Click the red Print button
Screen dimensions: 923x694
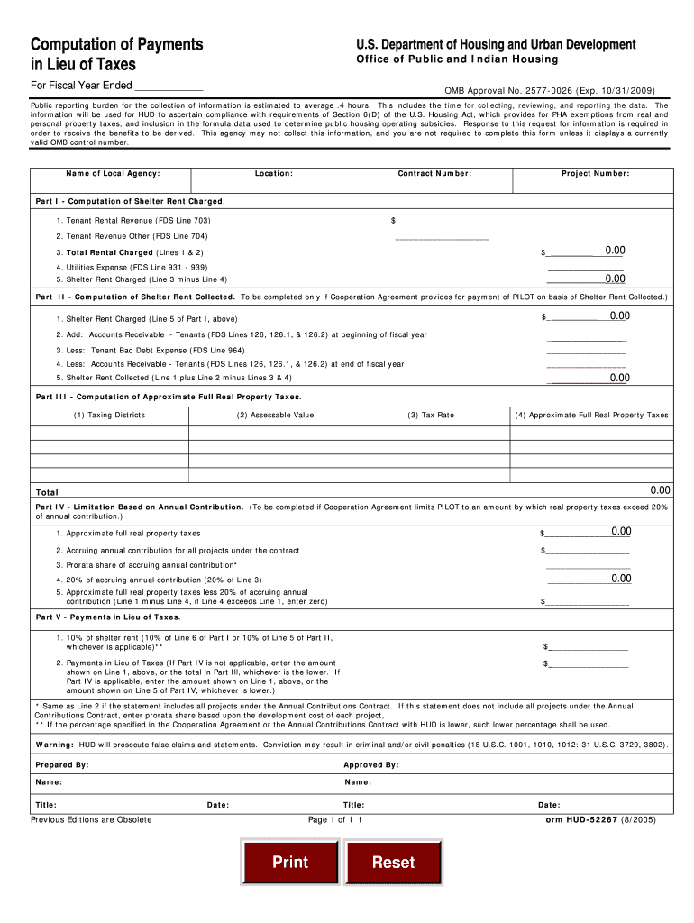[x=289, y=862]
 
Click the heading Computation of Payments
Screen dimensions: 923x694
[x=116, y=45]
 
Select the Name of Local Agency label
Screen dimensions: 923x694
[x=113, y=173]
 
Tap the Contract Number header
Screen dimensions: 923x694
[x=434, y=173]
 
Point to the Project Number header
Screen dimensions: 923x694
[x=595, y=173]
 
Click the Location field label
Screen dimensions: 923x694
[x=273, y=173]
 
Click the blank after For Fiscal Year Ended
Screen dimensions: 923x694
[x=169, y=87]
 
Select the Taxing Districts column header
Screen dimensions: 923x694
[x=109, y=416]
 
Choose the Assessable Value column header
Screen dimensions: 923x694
[x=275, y=416]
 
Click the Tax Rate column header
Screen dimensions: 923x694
[x=431, y=416]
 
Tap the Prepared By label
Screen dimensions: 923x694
[x=62, y=764]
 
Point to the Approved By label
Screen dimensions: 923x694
[x=370, y=764]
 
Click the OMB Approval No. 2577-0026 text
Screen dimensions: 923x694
[x=550, y=91]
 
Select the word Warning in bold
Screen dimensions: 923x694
[x=55, y=745]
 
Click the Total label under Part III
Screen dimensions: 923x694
[x=47, y=492]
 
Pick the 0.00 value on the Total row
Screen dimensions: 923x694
[x=661, y=490]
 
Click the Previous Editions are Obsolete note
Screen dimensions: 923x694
[x=91, y=819]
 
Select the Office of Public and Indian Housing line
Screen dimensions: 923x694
[x=457, y=59]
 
